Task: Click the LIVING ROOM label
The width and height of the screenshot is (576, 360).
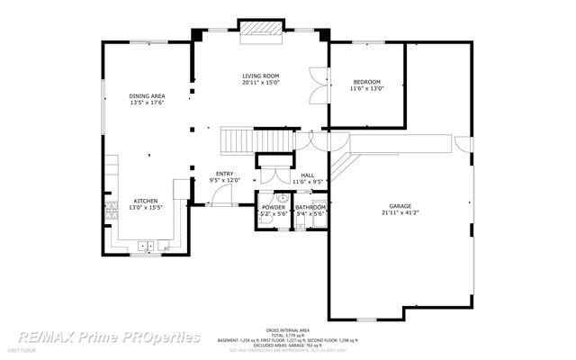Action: (x=260, y=76)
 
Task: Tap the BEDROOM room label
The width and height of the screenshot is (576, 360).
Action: (x=366, y=82)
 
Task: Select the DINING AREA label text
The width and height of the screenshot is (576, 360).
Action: (x=146, y=95)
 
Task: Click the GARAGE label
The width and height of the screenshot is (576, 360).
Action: (x=400, y=206)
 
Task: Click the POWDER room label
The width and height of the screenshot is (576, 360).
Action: (x=274, y=208)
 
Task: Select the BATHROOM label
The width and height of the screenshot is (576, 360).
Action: (x=310, y=208)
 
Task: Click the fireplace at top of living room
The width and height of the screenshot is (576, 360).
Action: (x=262, y=29)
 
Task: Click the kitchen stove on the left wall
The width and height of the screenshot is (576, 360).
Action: (x=112, y=211)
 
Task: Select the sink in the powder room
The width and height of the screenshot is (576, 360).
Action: (x=281, y=197)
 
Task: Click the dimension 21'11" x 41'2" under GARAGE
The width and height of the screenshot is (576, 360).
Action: (x=400, y=213)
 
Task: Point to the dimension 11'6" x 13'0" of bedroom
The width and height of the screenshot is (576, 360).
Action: (x=366, y=89)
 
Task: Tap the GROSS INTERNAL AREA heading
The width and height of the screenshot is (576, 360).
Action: (x=288, y=329)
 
